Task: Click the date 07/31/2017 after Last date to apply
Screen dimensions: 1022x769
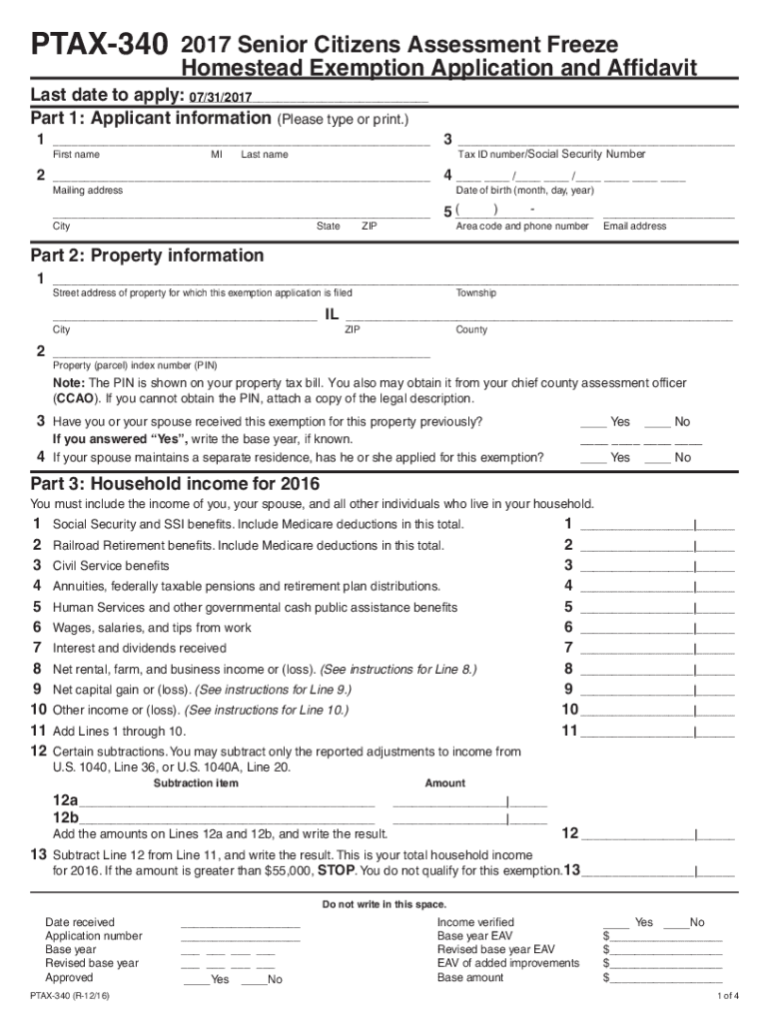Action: [x=220, y=98]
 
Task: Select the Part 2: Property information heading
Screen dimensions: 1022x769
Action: [x=148, y=255]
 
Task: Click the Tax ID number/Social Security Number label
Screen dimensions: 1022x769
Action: [x=551, y=155]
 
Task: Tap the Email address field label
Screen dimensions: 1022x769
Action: [x=634, y=227]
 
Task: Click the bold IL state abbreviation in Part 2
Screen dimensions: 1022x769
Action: [x=333, y=315]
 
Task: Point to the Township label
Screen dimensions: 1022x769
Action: [x=475, y=293]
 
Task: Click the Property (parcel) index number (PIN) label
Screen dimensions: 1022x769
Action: [x=135, y=365]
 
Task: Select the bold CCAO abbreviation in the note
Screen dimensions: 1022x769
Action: [x=74, y=398]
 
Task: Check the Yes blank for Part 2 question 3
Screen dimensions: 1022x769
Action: [x=593, y=422]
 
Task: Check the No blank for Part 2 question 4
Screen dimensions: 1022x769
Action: [x=657, y=457]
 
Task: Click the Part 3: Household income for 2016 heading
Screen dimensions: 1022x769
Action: [x=175, y=484]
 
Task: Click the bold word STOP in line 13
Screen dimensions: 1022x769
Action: [x=336, y=870]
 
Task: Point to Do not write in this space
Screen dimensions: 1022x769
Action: [x=384, y=904]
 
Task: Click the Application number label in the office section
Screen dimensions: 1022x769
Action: [x=94, y=936]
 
